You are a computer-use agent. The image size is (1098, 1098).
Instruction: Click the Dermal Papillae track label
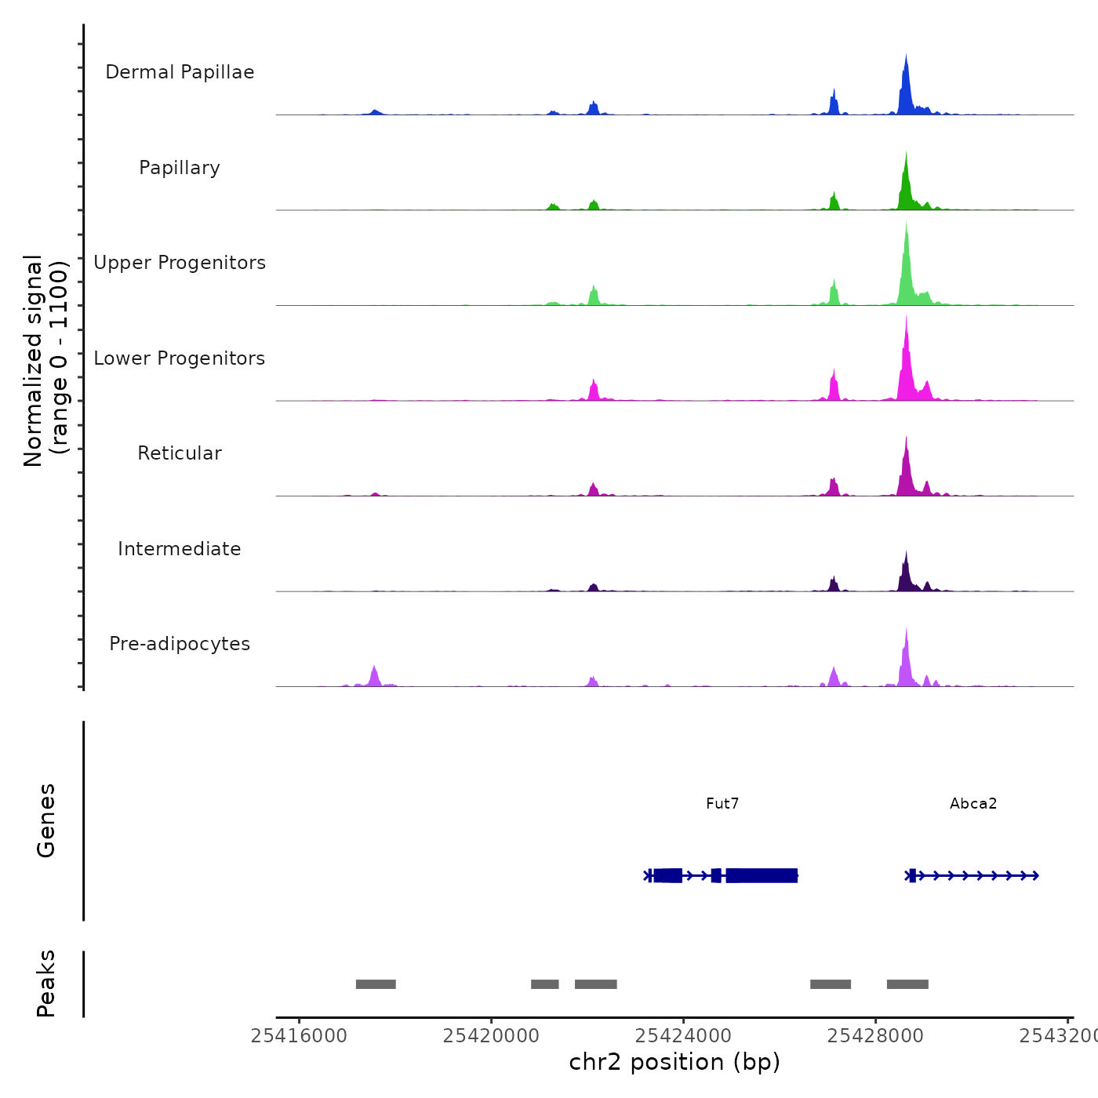[180, 72]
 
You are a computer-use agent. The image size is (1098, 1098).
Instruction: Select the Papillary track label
[180, 168]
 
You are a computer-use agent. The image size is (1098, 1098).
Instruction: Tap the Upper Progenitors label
[180, 263]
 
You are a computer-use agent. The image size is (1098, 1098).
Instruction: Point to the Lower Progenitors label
[180, 358]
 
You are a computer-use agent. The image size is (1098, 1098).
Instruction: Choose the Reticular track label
[180, 453]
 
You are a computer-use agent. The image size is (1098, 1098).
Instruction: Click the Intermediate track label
[180, 549]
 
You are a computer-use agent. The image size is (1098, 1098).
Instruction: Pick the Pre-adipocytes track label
[180, 644]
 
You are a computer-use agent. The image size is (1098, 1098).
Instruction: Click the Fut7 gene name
[722, 803]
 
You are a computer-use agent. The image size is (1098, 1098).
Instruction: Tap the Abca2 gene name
[973, 803]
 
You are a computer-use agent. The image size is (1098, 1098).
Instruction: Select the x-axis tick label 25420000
[491, 1036]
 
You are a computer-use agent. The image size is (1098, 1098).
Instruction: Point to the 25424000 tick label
[683, 1036]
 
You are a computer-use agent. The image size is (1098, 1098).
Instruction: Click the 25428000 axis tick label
[875, 1036]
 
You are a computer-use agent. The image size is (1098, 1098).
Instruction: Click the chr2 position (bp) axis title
[674, 1062]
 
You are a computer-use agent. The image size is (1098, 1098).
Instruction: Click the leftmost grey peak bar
[376, 984]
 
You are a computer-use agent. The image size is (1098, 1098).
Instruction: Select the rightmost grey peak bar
[907, 984]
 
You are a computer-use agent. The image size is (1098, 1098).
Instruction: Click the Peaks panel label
[45, 983]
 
